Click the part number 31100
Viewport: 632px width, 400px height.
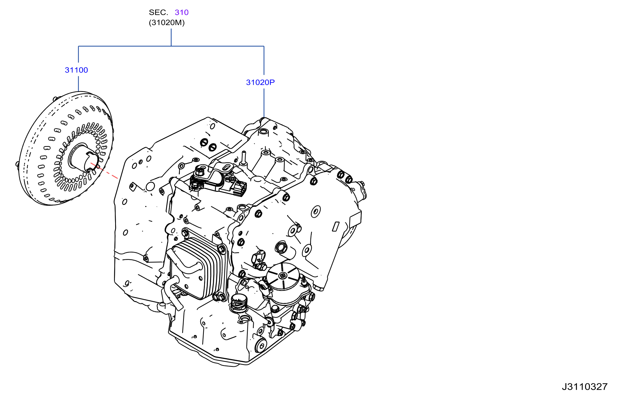tap(76, 70)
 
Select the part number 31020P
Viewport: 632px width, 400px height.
tap(260, 82)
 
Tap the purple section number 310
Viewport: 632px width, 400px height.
tap(182, 12)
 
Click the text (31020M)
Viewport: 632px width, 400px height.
tap(167, 23)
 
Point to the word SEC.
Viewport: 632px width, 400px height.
tap(158, 12)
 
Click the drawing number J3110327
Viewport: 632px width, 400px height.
tap(585, 387)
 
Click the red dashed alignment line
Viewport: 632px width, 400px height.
tap(104, 171)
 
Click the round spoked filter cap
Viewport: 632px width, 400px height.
tap(283, 277)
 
